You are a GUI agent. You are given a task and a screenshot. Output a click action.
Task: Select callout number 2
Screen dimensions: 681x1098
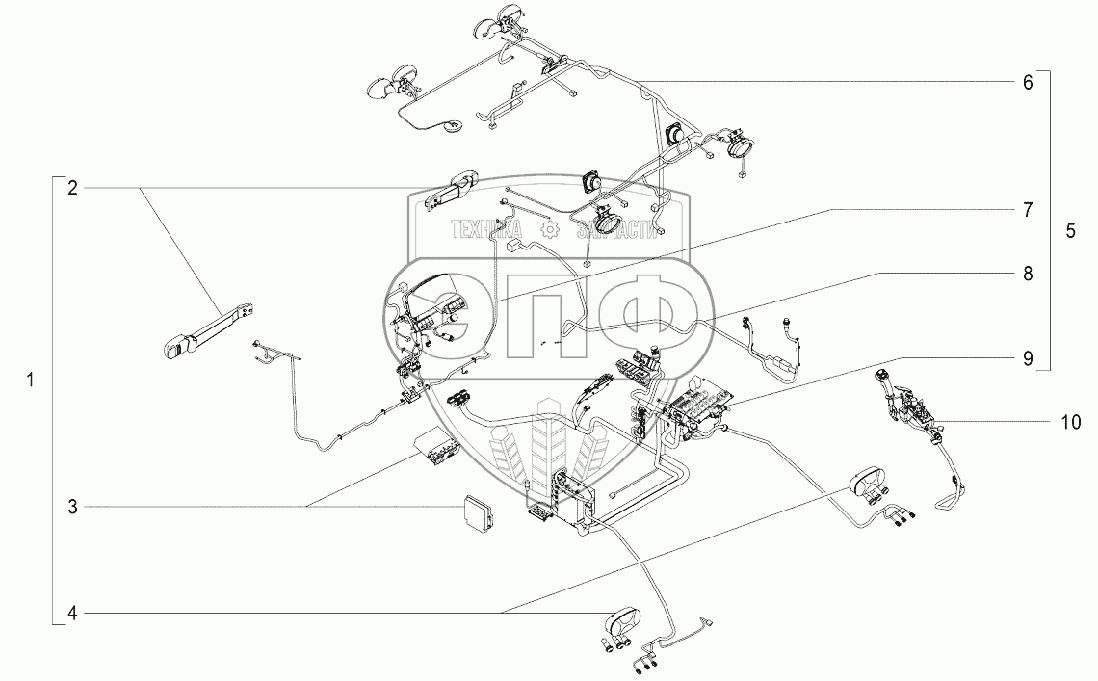point(71,187)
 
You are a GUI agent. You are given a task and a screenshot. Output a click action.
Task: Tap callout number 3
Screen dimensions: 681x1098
point(71,506)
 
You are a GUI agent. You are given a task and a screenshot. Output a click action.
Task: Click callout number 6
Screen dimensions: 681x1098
point(1027,83)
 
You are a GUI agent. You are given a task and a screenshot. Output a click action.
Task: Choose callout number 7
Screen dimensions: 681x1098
point(1027,209)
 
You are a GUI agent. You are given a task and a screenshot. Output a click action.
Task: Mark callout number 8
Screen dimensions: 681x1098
point(1027,274)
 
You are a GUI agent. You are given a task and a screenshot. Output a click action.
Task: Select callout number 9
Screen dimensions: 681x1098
point(1027,358)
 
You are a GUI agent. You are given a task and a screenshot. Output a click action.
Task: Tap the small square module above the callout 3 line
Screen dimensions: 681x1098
point(478,510)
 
